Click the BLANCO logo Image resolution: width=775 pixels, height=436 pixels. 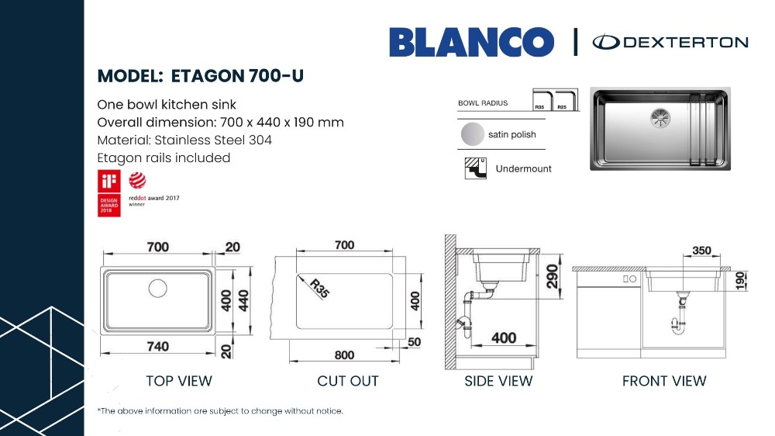click(471, 42)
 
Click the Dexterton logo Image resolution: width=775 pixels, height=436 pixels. click(670, 42)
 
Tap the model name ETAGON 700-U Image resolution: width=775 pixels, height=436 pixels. click(237, 76)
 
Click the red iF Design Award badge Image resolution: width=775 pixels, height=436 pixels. click(108, 193)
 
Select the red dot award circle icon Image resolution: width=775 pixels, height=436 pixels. click(137, 181)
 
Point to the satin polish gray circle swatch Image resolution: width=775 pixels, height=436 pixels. click(473, 134)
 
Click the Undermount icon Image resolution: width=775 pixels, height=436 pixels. click(476, 168)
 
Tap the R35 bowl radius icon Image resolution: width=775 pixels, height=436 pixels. click(542, 100)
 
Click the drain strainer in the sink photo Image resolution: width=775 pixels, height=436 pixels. click(660, 118)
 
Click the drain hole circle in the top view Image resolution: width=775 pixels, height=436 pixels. click(157, 288)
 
